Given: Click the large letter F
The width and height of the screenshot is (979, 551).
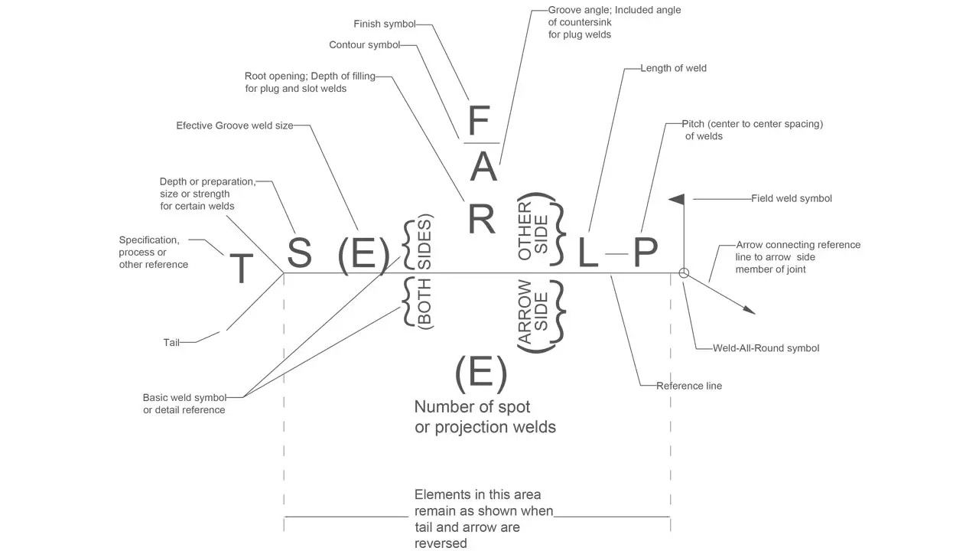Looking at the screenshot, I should coord(479,122).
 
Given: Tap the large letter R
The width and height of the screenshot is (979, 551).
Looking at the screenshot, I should coord(482,218).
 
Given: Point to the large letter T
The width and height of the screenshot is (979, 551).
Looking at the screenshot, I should coord(241,269).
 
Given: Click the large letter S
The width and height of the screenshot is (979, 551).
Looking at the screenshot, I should coord(299,253).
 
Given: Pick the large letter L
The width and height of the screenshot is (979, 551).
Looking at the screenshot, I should coord(587,253).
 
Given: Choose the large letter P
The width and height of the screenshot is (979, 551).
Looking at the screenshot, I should coord(646,253).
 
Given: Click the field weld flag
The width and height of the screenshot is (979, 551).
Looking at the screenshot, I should coord(678,199).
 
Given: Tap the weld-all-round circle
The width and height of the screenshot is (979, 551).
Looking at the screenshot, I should coord(684,272).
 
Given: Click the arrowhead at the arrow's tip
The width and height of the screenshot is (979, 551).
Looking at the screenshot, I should coord(750,310).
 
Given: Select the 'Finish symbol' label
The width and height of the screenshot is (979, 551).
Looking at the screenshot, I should coord(384,24).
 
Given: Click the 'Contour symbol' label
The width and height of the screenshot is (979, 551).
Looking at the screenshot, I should coord(364,45).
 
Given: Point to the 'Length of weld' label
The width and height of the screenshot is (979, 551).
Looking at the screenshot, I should coord(673,68).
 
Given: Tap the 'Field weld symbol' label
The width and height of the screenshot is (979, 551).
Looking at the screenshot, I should coord(791,198).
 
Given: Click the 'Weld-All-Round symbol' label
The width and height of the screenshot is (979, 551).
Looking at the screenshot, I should coord(766,348).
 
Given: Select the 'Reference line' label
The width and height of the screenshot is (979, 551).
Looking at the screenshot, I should coord(688,386).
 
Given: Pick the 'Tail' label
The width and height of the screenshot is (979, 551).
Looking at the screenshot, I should coord(171,343).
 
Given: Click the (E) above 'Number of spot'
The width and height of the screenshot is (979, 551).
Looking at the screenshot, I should coord(481,373).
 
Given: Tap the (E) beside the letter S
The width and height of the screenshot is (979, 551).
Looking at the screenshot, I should coord(363,254).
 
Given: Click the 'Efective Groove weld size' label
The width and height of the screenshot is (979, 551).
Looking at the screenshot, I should coord(234,126).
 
